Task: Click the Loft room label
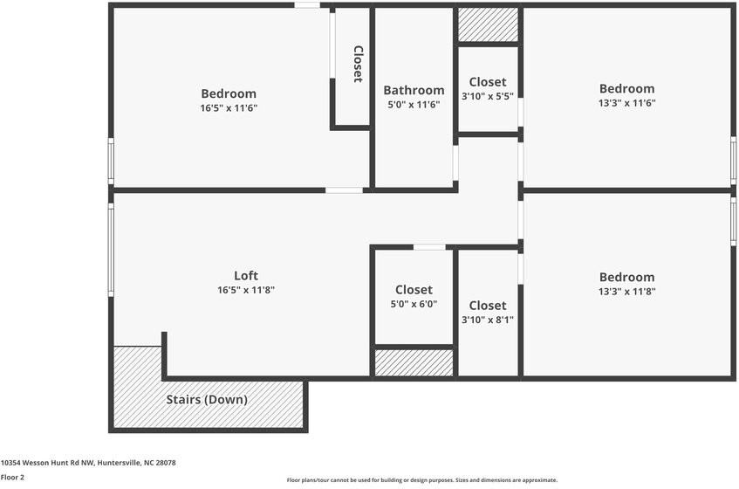(x=246, y=276)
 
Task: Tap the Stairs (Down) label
(x=207, y=400)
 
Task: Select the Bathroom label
(x=414, y=90)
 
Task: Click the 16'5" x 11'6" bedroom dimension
(x=229, y=108)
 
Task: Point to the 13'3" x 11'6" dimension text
(x=626, y=103)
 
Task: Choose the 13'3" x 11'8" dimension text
(x=626, y=292)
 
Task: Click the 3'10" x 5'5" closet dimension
(x=487, y=97)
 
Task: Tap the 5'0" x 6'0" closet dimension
(x=414, y=305)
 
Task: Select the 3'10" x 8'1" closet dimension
(x=487, y=320)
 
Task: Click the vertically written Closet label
(x=358, y=64)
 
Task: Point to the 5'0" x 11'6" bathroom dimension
(x=414, y=105)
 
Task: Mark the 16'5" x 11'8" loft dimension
(x=246, y=291)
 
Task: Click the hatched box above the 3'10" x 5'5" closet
(x=488, y=25)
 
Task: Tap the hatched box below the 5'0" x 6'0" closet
(x=414, y=362)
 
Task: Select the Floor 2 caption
(x=12, y=478)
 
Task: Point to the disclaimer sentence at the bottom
(x=422, y=480)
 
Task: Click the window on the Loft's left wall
(x=111, y=249)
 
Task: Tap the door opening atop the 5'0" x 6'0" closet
(x=428, y=247)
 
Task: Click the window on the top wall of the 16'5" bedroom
(x=306, y=5)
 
